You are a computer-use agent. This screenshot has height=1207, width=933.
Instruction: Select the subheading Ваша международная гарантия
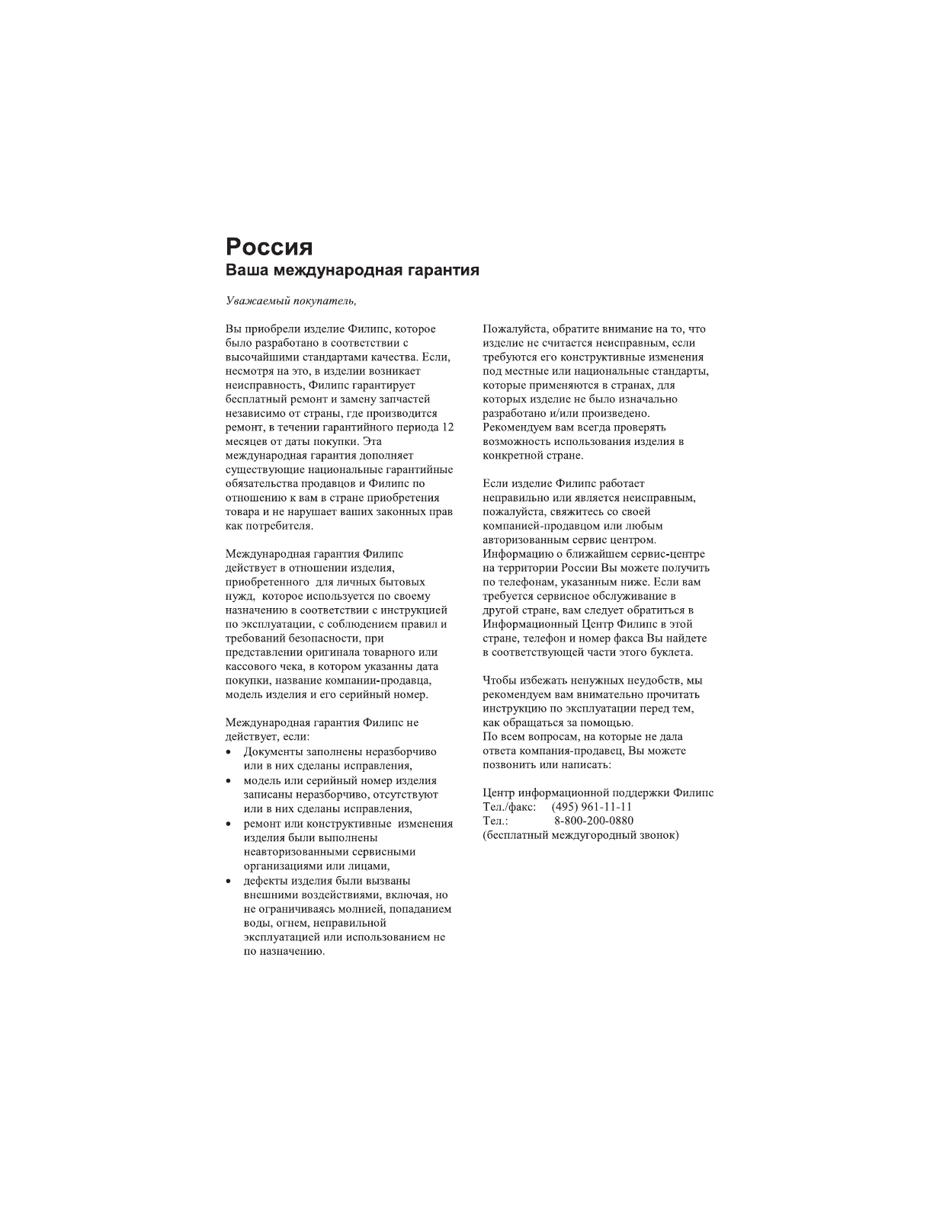point(352,271)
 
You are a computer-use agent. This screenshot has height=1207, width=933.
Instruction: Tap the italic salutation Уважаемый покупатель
point(291,301)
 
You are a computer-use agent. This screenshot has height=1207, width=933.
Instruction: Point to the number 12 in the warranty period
point(447,427)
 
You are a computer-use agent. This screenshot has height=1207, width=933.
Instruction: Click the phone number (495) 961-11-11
point(592,807)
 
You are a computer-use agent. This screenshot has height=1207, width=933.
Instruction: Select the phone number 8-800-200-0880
point(594,821)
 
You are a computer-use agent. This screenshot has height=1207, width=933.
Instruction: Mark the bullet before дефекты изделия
point(229,882)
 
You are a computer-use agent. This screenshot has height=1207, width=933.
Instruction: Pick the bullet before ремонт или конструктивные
point(229,824)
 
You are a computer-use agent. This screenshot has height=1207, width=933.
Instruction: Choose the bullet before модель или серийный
point(229,782)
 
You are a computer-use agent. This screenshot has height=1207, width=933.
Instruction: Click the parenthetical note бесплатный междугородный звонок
point(581,835)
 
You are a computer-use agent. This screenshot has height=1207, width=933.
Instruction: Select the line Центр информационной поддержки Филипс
point(598,792)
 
